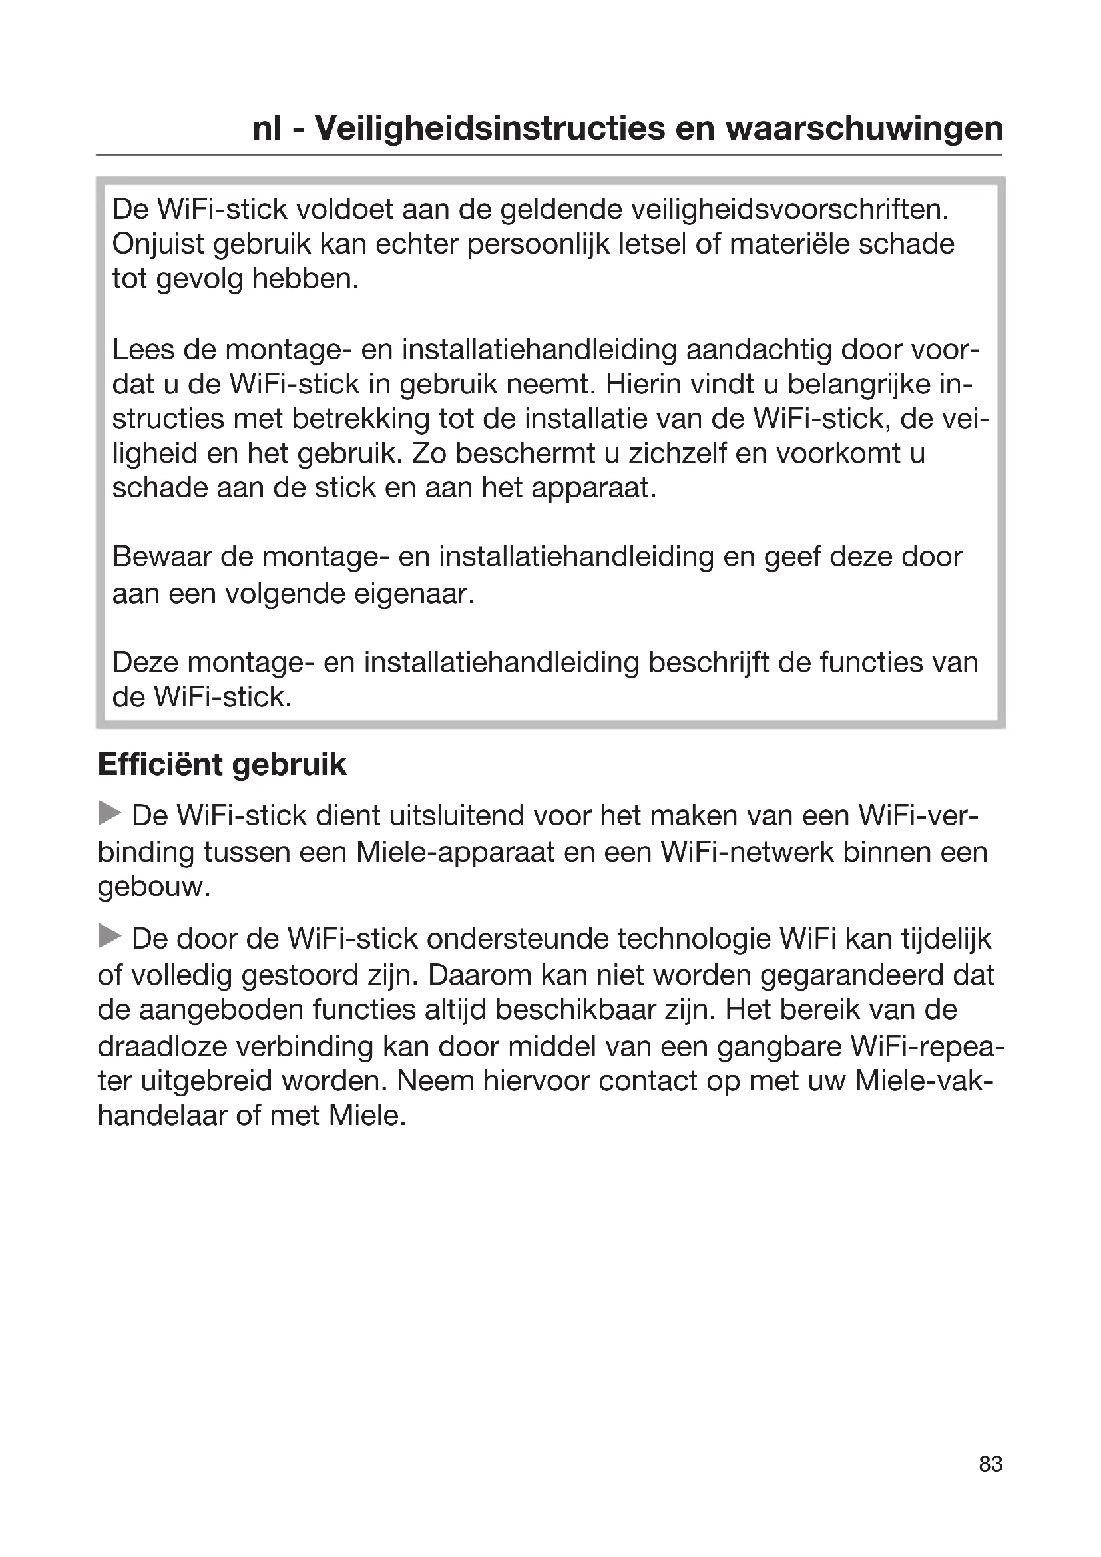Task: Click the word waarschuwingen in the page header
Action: (864, 128)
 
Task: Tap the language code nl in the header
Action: (266, 128)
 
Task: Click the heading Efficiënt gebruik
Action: (222, 764)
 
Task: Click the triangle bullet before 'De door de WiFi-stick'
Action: (109, 937)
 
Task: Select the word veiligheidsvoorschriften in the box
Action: (789, 210)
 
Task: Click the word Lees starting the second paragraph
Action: (143, 349)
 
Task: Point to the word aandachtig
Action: (759, 349)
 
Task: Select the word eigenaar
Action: (413, 594)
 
